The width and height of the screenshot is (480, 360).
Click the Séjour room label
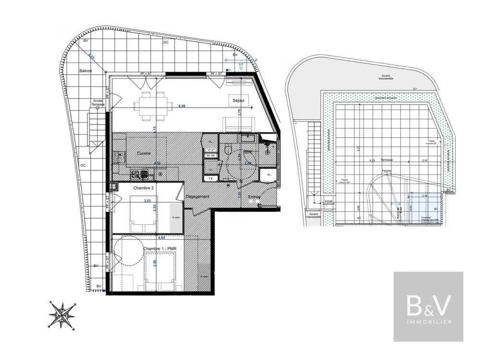click(x=239, y=101)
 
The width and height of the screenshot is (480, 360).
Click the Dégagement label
click(x=197, y=197)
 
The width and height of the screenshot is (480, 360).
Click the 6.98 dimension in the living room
click(x=182, y=106)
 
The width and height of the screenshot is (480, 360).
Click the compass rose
click(x=62, y=314)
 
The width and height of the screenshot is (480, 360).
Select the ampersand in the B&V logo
click(x=428, y=305)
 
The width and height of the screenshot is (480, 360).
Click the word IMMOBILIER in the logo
click(x=428, y=322)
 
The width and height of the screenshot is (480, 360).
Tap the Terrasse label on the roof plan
click(x=386, y=159)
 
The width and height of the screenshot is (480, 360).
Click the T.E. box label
click(x=210, y=179)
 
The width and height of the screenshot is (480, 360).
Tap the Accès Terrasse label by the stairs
click(x=98, y=103)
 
